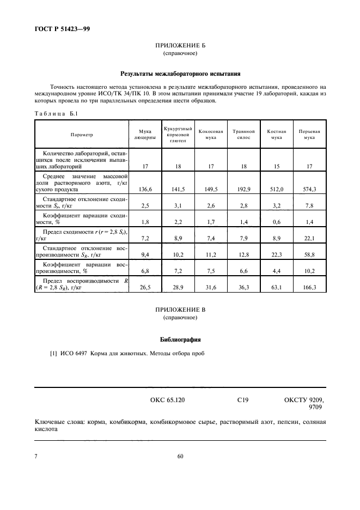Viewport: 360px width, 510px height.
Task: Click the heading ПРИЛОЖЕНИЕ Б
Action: pos(180,46)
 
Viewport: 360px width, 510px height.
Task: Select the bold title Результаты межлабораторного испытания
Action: pos(180,74)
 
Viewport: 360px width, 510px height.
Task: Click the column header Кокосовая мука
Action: pos(211,135)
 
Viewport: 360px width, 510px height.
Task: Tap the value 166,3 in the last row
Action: pos(309,287)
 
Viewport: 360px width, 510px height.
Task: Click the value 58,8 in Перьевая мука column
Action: pos(309,253)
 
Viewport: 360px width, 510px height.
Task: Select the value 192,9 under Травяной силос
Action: pos(244,189)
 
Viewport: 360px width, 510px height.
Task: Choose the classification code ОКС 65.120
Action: pos(167,400)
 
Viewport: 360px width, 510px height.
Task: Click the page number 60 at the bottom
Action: pos(180,457)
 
